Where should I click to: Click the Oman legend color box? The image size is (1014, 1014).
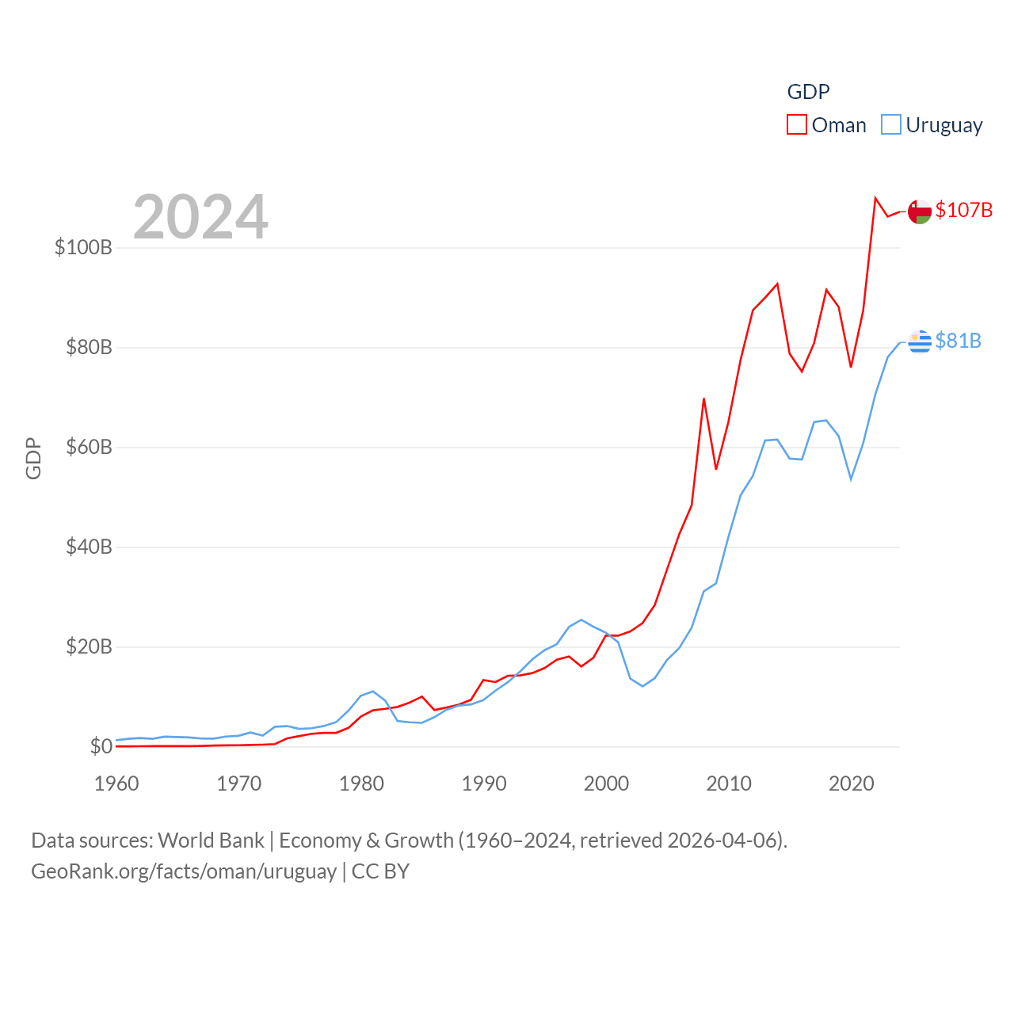click(796, 125)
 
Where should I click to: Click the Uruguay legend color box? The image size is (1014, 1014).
click(891, 125)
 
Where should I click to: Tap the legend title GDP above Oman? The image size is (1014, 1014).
click(808, 92)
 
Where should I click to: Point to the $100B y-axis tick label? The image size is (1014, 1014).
click(83, 247)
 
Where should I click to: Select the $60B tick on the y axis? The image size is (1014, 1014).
click(89, 447)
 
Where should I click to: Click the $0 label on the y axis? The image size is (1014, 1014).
click(101, 746)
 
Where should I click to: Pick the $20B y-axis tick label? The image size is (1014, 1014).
click(89, 646)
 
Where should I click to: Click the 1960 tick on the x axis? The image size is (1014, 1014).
click(116, 783)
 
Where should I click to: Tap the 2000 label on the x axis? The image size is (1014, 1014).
click(606, 783)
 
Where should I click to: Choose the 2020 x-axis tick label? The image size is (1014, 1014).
click(851, 783)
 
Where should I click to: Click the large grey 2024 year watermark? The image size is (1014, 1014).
click(200, 216)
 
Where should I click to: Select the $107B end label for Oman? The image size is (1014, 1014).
click(963, 210)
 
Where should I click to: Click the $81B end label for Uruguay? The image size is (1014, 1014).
click(958, 341)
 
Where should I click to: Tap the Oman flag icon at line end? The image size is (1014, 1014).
click(920, 212)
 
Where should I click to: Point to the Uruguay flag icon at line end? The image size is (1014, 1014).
click(920, 341)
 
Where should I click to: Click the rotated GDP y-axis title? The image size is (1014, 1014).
click(33, 458)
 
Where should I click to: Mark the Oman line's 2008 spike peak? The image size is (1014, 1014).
click(703, 398)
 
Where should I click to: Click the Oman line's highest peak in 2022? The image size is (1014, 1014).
click(875, 198)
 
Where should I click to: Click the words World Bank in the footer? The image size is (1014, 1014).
click(211, 840)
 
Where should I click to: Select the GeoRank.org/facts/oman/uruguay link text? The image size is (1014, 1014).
click(184, 871)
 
